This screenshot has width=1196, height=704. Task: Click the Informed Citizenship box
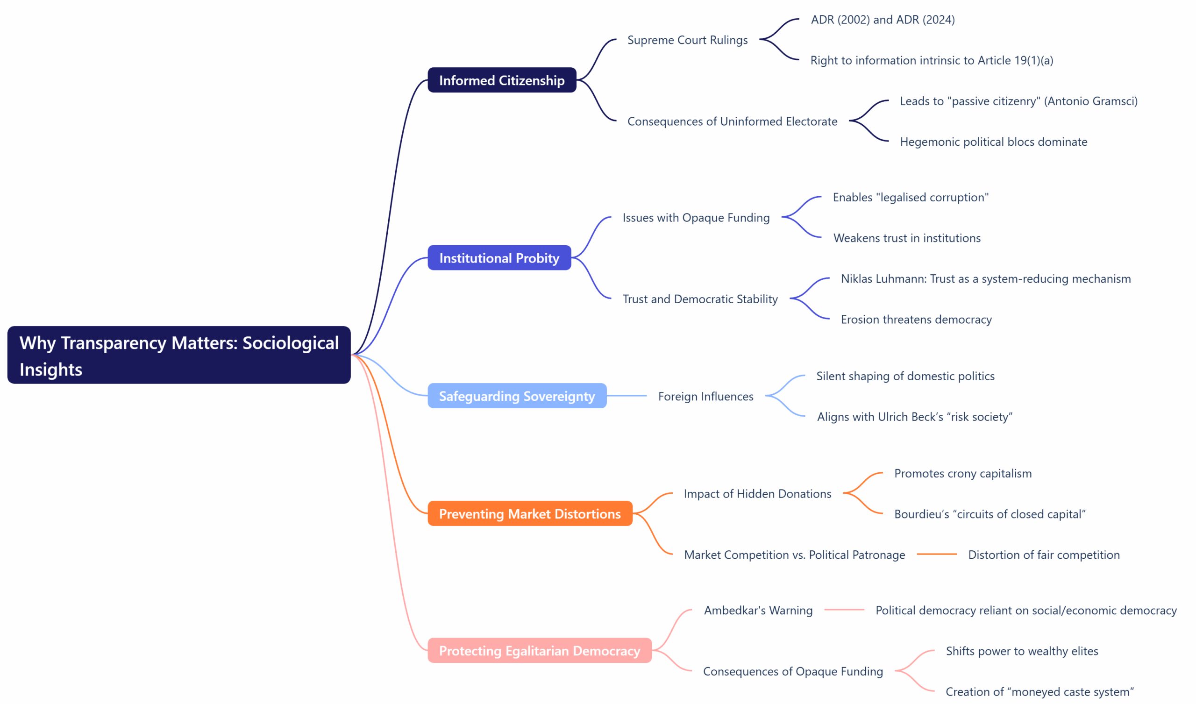[x=502, y=80]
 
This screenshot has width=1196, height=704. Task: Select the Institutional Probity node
[x=499, y=258]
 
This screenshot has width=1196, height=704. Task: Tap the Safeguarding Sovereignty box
[x=516, y=396]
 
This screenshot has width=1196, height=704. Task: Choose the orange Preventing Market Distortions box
[x=530, y=514]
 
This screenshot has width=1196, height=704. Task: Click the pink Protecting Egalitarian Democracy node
[x=539, y=650]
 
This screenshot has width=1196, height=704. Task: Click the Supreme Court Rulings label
[x=687, y=40]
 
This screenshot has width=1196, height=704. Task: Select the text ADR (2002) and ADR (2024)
[x=883, y=20]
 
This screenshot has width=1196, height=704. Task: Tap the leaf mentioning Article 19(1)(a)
[x=931, y=60]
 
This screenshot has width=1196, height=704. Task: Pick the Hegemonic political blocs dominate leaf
[x=993, y=142]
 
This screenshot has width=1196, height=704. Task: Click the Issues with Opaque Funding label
[x=696, y=217]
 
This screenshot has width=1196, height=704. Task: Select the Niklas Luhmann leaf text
[x=985, y=278]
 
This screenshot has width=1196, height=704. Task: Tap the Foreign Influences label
[x=705, y=397]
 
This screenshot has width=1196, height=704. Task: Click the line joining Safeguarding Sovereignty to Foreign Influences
[x=626, y=395]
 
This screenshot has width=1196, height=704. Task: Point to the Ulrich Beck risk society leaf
[x=914, y=417]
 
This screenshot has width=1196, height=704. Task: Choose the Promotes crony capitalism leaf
[x=962, y=473]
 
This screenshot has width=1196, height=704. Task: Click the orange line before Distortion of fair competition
[x=936, y=554]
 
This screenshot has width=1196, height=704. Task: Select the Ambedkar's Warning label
[x=758, y=610]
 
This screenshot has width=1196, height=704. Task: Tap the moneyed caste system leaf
[x=1039, y=692]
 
